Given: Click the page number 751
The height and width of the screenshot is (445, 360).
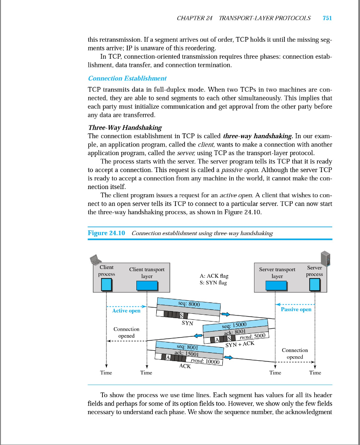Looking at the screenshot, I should pos(327,18).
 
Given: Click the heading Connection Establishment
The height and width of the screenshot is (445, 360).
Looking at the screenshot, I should pos(127,78).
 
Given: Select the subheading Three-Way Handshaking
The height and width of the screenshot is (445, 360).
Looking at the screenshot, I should pos(125,127).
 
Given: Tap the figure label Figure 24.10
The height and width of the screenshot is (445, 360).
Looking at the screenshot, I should pos(106,233).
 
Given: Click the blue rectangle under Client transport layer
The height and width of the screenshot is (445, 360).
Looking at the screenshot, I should pos(147,285).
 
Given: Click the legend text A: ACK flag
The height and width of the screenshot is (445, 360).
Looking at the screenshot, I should pos(213,276).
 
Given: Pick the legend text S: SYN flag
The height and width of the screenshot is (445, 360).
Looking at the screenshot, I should pos(213,282).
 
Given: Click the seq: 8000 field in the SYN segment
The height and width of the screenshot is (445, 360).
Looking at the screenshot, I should pos(189,303).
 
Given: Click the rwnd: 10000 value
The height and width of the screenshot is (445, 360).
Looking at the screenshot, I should pos(203,361).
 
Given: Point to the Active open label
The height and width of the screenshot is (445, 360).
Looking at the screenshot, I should pos(126,310).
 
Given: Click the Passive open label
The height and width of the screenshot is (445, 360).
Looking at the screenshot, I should pos(296,309).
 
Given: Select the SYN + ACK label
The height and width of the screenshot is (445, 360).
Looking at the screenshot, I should pos(240,344).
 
